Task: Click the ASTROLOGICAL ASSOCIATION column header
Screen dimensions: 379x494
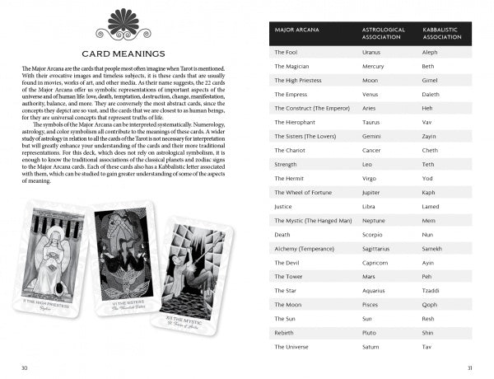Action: [x=384, y=32]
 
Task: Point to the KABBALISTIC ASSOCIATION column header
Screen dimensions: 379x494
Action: [x=443, y=32]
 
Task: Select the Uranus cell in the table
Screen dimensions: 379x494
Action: [x=372, y=52]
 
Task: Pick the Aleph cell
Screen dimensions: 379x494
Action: [x=430, y=52]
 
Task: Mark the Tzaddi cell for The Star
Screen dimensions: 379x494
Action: [x=431, y=291]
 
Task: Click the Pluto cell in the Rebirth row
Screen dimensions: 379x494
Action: [x=370, y=332]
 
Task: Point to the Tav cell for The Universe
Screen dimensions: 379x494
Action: [x=426, y=347]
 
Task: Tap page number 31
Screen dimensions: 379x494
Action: [x=469, y=367]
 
